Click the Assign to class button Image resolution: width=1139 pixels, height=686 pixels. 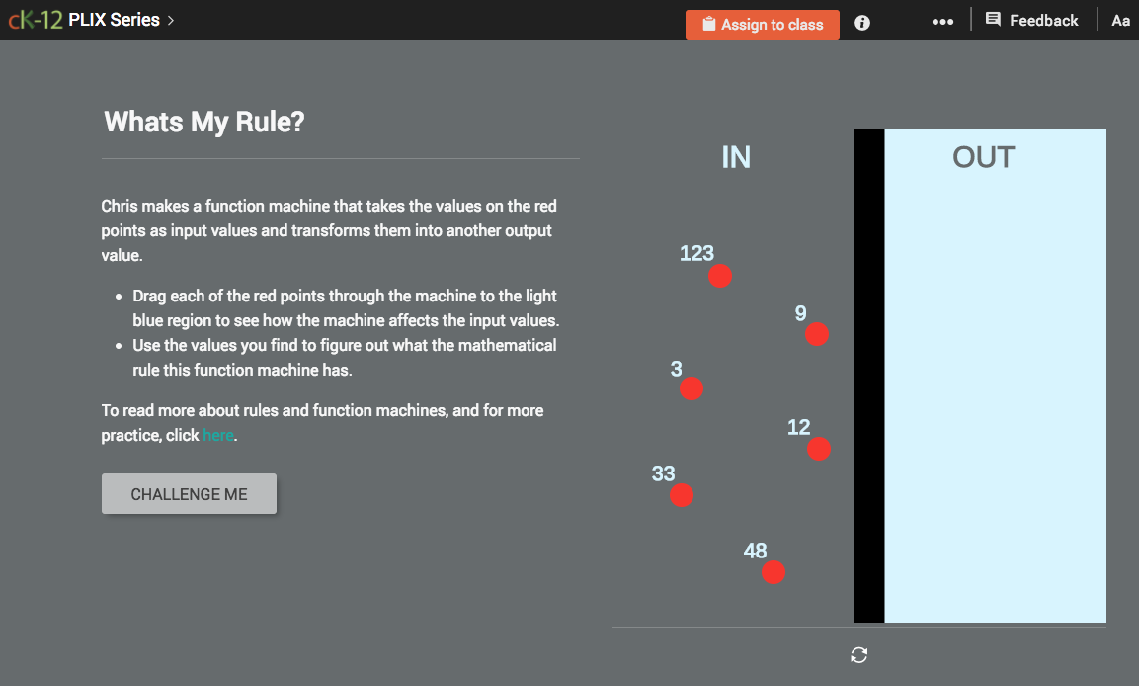click(x=762, y=25)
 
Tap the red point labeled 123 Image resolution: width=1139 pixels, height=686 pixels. click(x=720, y=276)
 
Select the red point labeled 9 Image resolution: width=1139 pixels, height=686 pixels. click(x=816, y=334)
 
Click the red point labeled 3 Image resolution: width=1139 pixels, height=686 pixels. click(x=692, y=388)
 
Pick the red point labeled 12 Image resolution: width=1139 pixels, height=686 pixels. click(x=819, y=449)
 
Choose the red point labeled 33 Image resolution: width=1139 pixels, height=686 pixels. click(x=682, y=495)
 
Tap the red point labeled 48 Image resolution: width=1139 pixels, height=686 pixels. click(x=773, y=572)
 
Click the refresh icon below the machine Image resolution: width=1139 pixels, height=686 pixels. click(x=859, y=655)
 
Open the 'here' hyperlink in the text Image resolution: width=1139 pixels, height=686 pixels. click(x=217, y=435)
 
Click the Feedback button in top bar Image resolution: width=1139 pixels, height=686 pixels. click(x=1032, y=20)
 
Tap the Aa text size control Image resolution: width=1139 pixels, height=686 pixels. click(x=1120, y=20)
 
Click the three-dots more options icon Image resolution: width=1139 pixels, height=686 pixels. click(x=942, y=22)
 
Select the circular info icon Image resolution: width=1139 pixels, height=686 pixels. click(x=862, y=23)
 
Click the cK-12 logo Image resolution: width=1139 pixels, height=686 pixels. click(x=36, y=20)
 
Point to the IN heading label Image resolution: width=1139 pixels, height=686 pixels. click(x=736, y=157)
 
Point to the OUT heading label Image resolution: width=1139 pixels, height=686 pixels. click(x=983, y=157)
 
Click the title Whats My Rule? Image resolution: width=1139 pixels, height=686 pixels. click(x=204, y=122)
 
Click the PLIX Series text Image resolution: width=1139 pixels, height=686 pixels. click(x=115, y=20)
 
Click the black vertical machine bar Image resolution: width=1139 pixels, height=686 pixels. click(x=869, y=376)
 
